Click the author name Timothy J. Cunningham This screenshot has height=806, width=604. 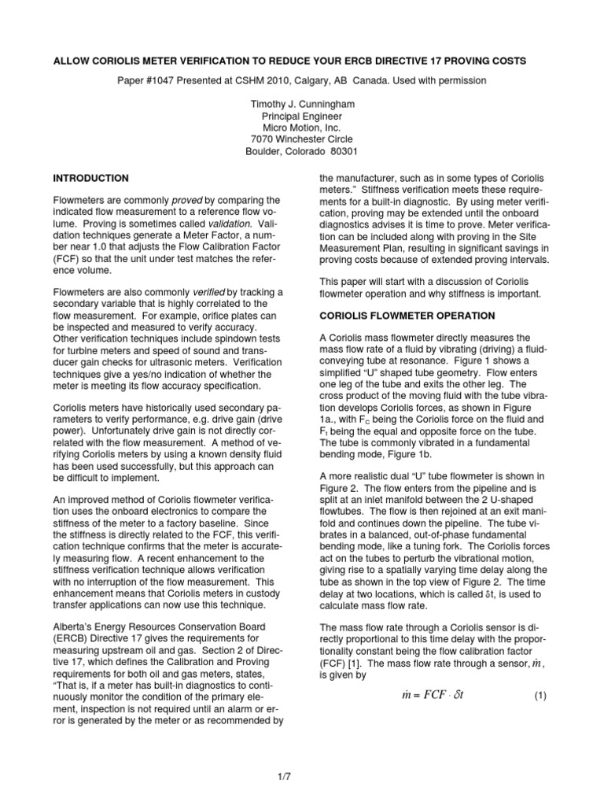point(301,104)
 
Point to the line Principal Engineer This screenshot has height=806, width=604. point(301,116)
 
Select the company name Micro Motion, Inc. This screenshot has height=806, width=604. point(301,128)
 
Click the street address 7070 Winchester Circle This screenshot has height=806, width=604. point(301,139)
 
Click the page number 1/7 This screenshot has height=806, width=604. point(301,777)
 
